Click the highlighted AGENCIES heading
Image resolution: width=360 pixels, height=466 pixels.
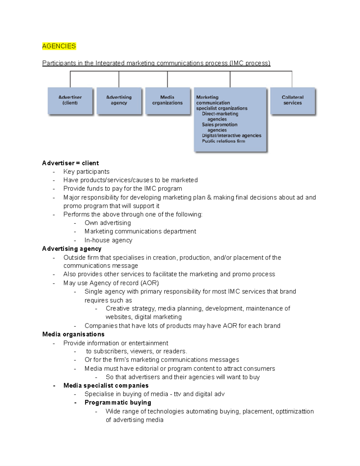[59, 46]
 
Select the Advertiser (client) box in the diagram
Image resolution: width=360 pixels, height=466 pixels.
[70, 101]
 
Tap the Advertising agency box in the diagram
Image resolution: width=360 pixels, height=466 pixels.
[119, 101]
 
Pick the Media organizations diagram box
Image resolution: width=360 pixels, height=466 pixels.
[167, 101]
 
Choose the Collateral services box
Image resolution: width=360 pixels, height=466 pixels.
[292, 101]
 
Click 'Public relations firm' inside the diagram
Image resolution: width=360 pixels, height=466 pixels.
[223, 141]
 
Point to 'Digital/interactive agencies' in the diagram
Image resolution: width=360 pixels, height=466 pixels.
[231, 136]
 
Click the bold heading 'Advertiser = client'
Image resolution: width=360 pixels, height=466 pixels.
[70, 163]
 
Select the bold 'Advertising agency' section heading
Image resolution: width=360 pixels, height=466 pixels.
[72, 249]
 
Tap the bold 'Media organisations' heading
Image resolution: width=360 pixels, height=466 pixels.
[73, 334]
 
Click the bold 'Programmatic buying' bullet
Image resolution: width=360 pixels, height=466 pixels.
[118, 403]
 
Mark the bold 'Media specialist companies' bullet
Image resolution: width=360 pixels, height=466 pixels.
[106, 386]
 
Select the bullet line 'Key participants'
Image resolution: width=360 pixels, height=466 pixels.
[86, 172]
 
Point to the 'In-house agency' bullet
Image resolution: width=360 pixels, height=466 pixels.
[108, 240]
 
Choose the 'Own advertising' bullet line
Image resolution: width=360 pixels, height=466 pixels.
[108, 223]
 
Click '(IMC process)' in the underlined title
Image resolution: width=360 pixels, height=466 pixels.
[250, 63]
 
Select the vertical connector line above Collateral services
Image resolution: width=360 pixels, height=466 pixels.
[292, 79]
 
